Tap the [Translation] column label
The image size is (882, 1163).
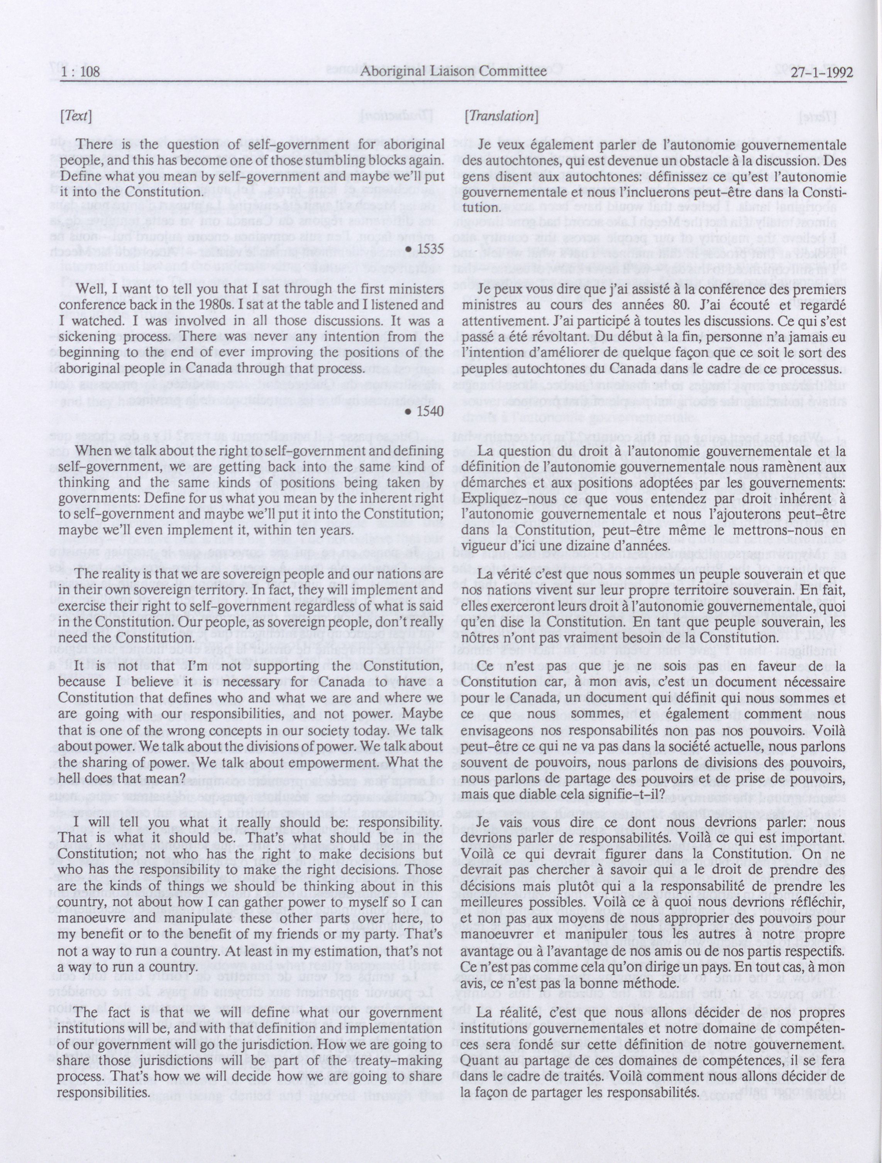click(500, 117)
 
